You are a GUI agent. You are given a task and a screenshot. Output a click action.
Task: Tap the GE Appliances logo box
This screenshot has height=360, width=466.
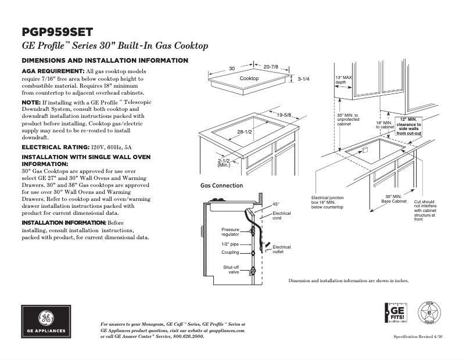[x=46, y=321]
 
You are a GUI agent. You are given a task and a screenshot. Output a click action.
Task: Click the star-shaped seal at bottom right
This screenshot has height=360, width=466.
[x=429, y=314]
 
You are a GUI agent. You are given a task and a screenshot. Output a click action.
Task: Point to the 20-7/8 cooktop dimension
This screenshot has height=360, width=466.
[x=271, y=67]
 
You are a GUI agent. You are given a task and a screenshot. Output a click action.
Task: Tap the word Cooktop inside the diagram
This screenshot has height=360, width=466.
[x=249, y=78]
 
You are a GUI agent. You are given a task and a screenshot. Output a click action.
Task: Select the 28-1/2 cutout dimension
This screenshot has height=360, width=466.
[x=244, y=134]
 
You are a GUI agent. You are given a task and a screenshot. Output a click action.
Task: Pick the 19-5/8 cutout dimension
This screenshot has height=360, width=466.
[x=284, y=115]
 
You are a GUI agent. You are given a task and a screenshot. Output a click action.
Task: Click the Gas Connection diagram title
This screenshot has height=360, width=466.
[x=221, y=186]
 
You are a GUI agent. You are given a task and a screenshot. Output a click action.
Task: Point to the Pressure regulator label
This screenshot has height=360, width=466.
[x=230, y=232]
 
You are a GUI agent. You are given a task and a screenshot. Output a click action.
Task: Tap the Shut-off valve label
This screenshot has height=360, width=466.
[x=231, y=269]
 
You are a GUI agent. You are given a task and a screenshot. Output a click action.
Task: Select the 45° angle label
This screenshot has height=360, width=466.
[x=276, y=204]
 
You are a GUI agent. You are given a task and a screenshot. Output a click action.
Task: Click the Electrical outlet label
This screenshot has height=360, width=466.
[x=282, y=250]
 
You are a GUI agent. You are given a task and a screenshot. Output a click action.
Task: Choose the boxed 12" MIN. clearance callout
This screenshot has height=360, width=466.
[x=408, y=126]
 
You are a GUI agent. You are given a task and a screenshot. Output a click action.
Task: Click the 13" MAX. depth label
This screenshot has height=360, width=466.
[x=343, y=80]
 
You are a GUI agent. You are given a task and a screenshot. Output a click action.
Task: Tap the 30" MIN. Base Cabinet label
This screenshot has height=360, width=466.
[x=393, y=199]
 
